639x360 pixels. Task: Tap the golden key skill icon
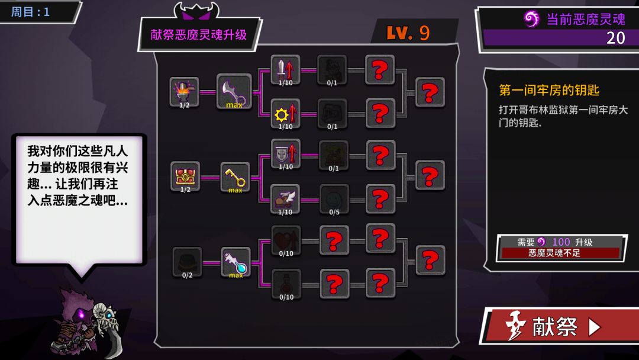click(235, 178)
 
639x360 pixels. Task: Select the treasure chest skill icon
click(185, 176)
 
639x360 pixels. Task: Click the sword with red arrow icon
click(285, 70)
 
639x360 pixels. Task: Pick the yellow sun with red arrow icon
click(285, 114)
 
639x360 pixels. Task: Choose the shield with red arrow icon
click(286, 154)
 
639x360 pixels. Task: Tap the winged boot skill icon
click(285, 199)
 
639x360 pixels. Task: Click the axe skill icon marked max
click(234, 91)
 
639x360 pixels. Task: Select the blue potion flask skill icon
click(235, 262)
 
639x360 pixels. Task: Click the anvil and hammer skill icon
click(184, 92)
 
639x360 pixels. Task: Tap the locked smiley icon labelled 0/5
click(334, 200)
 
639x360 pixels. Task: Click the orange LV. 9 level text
click(408, 33)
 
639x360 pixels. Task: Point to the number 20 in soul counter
click(615, 38)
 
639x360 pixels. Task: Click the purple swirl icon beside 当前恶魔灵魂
click(531, 19)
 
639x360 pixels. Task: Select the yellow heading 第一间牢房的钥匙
click(549, 90)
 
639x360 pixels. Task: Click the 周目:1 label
click(30, 12)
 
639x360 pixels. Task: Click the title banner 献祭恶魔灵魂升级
click(198, 35)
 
